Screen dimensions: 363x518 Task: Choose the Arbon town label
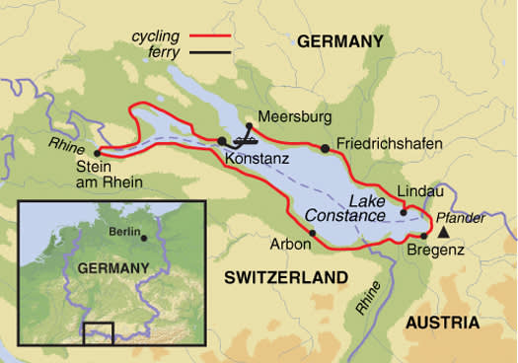(287, 240)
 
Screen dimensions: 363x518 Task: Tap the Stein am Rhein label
(109, 175)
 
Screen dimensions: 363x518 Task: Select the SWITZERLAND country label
(280, 279)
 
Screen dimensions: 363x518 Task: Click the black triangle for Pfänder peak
(444, 233)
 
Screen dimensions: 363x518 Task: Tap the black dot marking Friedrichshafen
(324, 148)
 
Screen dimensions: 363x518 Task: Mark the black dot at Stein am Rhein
(97, 153)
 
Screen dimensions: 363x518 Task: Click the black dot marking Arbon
(313, 234)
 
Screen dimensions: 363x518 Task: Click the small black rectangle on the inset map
(99, 332)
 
